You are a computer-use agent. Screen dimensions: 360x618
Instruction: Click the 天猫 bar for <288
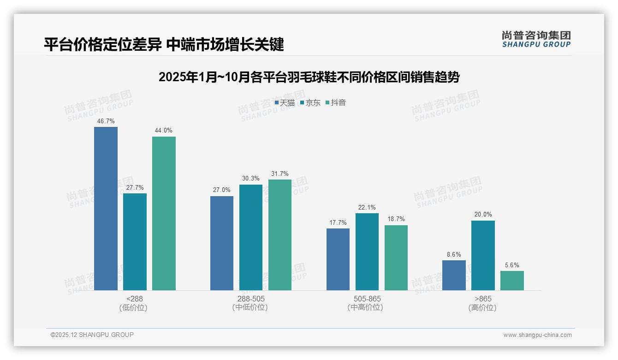pyautogui.click(x=106, y=209)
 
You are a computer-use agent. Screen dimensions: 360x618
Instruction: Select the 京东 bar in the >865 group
pyautogui.click(x=483, y=255)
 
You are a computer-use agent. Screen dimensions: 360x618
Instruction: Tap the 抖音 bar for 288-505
pyautogui.click(x=280, y=235)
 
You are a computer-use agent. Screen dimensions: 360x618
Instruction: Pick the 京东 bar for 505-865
pyautogui.click(x=367, y=252)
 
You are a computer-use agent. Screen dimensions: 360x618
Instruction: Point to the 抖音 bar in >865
pyautogui.click(x=512, y=281)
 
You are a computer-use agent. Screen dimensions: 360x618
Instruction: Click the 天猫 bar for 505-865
pyautogui.click(x=338, y=259)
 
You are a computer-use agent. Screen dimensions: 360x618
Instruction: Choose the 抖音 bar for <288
pyautogui.click(x=164, y=213)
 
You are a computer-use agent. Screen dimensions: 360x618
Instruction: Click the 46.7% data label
pyautogui.click(x=106, y=121)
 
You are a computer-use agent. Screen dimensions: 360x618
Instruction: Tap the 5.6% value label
pyautogui.click(x=512, y=265)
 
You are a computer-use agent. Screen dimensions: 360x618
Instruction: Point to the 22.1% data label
pyautogui.click(x=367, y=208)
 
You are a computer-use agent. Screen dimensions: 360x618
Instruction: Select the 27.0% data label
pyautogui.click(x=222, y=190)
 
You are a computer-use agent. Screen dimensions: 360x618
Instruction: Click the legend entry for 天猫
pyautogui.click(x=285, y=103)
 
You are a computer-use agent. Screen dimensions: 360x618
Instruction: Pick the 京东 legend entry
pyautogui.click(x=310, y=103)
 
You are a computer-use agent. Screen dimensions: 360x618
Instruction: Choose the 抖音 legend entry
pyautogui.click(x=336, y=103)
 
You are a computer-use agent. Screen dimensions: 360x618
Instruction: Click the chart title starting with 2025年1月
pyautogui.click(x=309, y=77)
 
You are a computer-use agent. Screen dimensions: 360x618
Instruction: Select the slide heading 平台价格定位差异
pyautogui.click(x=164, y=44)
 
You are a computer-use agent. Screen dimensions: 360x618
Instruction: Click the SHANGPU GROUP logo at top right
pyautogui.click(x=536, y=39)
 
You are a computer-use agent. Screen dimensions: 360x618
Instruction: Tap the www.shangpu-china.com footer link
pyautogui.click(x=537, y=335)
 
